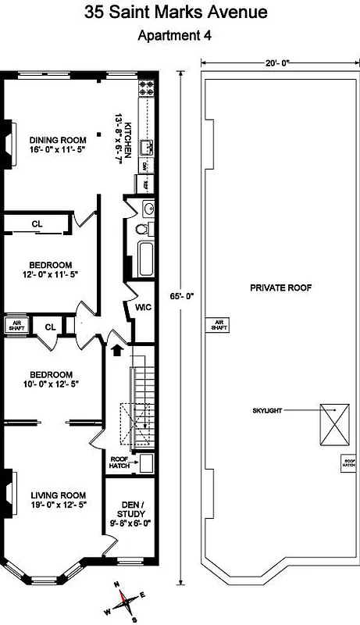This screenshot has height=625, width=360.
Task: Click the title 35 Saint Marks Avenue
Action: (x=180, y=12)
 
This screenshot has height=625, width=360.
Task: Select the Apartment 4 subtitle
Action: (x=174, y=35)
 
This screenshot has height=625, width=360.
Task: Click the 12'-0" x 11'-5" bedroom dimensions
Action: (x=52, y=274)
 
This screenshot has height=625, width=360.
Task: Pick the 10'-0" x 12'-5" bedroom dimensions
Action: (x=52, y=384)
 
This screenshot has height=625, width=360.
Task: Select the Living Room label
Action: (x=57, y=495)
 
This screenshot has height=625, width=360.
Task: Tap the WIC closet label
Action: (x=142, y=307)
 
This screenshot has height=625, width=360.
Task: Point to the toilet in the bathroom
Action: (x=142, y=230)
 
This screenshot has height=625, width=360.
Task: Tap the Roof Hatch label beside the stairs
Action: (x=119, y=462)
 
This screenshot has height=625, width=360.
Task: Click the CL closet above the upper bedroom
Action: (x=37, y=224)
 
